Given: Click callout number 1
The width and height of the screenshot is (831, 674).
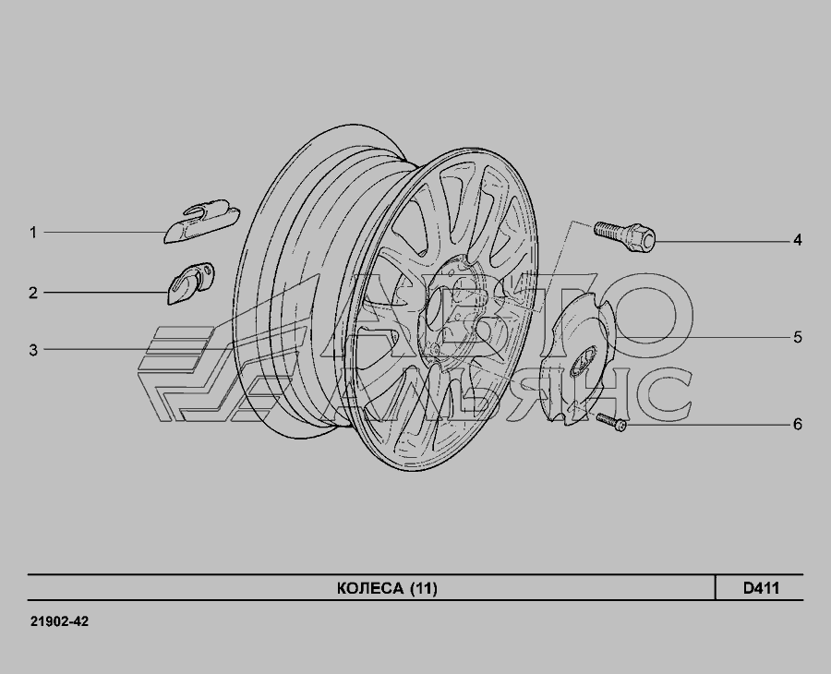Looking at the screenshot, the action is coord(33,233).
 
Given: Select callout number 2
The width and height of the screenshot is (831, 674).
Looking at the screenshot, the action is coord(33,293).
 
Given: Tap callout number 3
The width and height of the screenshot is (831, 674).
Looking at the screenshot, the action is coord(33,350).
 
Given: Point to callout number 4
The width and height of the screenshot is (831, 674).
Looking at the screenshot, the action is coord(798,240).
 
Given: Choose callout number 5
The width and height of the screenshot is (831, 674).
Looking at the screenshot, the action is coord(798,338).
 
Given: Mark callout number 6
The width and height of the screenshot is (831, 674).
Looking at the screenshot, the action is coord(798,425).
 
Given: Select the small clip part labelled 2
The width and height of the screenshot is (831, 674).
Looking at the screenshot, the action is coord(191,283).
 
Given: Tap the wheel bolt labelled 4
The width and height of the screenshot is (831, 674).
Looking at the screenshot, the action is coord(625,236).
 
